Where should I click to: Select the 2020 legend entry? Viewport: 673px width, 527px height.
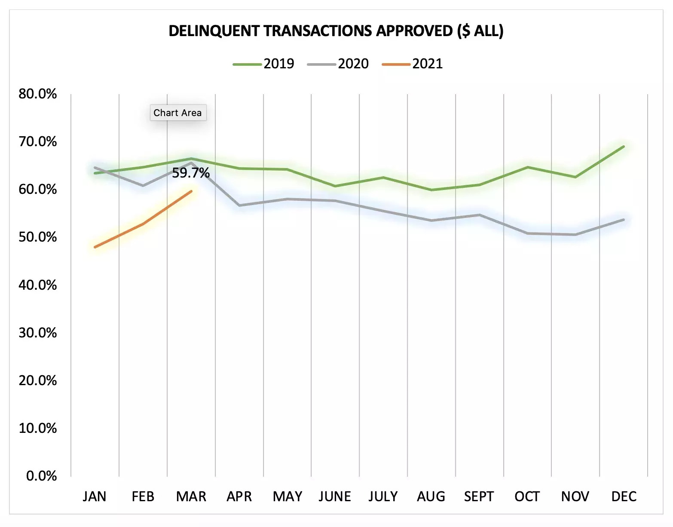pyautogui.click(x=338, y=64)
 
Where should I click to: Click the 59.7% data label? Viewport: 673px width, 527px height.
pyautogui.click(x=191, y=173)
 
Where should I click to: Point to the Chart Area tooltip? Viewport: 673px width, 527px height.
pyautogui.click(x=177, y=113)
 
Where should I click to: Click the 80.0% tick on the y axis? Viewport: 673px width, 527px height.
pyautogui.click(x=38, y=94)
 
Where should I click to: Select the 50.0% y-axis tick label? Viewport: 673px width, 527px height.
pyautogui.click(x=38, y=237)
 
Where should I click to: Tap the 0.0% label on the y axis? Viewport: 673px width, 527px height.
pyautogui.click(x=41, y=475)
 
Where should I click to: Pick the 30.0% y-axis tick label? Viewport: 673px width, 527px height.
pyautogui.click(x=38, y=332)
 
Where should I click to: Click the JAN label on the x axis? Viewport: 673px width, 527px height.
pyautogui.click(x=95, y=496)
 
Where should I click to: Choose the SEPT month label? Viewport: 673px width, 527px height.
pyautogui.click(x=479, y=496)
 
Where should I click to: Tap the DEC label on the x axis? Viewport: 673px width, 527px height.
pyautogui.click(x=624, y=496)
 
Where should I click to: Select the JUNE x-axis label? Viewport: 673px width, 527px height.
pyautogui.click(x=335, y=496)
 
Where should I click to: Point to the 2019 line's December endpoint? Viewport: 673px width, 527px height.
pyautogui.click(x=624, y=147)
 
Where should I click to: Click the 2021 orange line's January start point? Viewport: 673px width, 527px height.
pyautogui.click(x=95, y=247)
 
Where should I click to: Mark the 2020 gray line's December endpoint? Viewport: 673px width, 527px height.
pyautogui.click(x=624, y=220)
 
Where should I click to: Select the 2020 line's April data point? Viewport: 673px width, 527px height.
pyautogui.click(x=239, y=205)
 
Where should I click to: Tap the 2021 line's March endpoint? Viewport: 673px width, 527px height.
pyautogui.click(x=191, y=191)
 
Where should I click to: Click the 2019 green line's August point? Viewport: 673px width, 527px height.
pyautogui.click(x=431, y=190)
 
